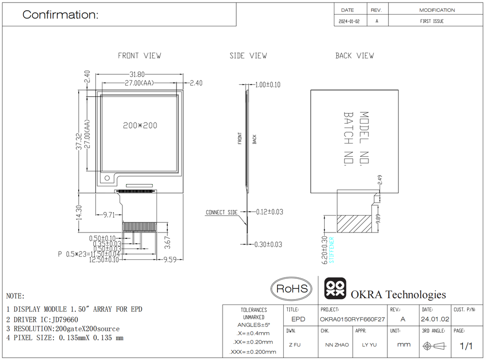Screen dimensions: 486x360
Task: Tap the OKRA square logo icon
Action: (335, 288)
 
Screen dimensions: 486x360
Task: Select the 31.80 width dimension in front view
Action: (137, 74)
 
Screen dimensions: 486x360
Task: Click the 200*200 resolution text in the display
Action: (140, 126)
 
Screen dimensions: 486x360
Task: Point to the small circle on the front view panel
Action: (107, 178)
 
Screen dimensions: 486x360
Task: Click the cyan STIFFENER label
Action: (331, 250)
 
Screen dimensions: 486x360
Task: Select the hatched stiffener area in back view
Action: (354, 224)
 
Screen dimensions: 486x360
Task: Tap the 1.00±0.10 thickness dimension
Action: (268, 85)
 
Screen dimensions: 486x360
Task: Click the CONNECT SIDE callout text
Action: (222, 212)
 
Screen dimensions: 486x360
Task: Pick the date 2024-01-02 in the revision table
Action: (349, 21)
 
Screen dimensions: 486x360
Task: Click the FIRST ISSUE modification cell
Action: (432, 21)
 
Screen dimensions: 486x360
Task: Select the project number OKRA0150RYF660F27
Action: (352, 319)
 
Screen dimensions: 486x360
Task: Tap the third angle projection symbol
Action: (434, 346)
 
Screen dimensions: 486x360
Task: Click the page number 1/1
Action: (466, 346)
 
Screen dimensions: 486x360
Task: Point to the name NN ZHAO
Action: (337, 345)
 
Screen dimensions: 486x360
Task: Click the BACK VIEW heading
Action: (355, 56)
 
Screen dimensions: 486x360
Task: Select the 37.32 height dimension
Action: (79, 141)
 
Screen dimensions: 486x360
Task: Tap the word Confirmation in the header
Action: (60, 15)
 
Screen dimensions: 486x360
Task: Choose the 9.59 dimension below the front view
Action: (170, 259)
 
